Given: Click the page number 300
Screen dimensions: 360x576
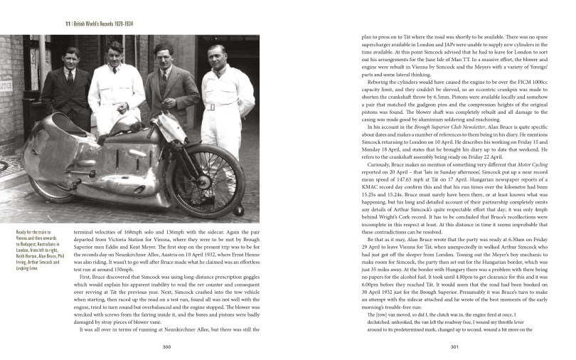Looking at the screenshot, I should (x=165, y=346).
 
